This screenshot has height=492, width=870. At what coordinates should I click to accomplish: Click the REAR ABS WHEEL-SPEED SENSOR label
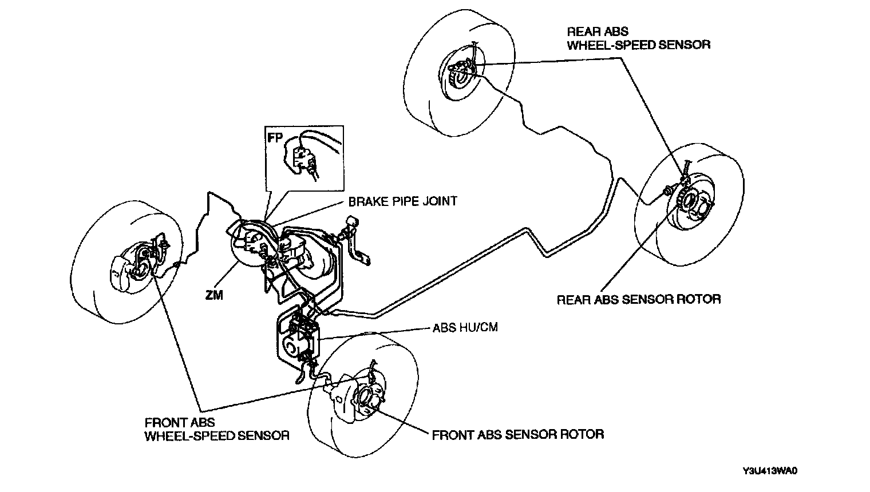point(638,38)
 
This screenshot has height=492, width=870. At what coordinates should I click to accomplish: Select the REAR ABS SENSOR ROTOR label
point(638,299)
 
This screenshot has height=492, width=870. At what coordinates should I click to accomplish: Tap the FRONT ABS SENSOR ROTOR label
point(517,434)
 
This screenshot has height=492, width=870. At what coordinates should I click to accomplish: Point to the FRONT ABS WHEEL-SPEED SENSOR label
point(216,429)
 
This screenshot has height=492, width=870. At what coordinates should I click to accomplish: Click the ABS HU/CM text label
point(464,328)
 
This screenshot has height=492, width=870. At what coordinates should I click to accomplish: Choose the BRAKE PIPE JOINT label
point(402,201)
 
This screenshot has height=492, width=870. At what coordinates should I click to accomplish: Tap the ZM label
point(215,295)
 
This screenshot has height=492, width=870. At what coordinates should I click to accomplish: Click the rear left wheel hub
point(461,73)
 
